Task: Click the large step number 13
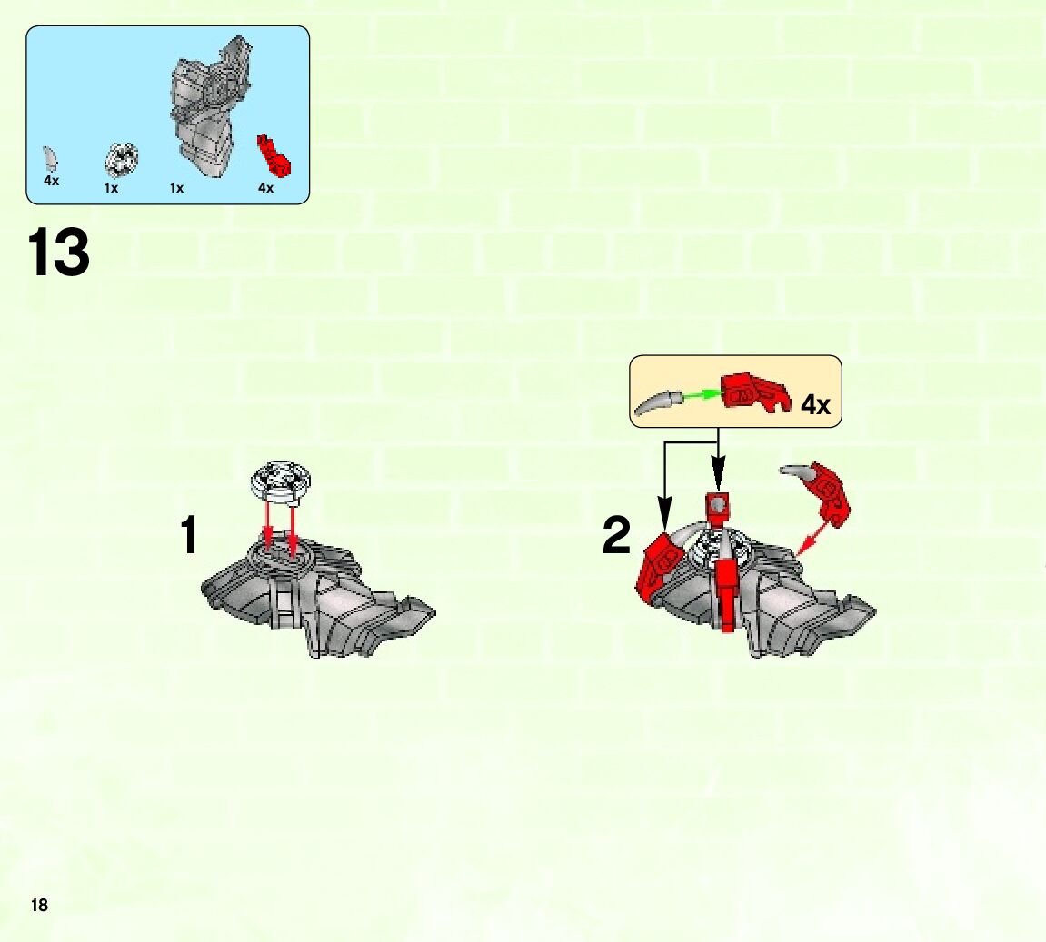(x=59, y=252)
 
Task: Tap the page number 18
(x=39, y=905)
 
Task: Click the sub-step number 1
(x=189, y=534)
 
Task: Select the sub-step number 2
(x=616, y=535)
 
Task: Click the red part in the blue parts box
(x=274, y=156)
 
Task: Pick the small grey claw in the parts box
(x=50, y=159)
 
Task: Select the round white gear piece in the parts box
(x=122, y=161)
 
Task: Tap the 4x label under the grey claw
(x=52, y=181)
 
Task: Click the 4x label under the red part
(x=265, y=188)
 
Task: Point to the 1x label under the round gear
(x=111, y=188)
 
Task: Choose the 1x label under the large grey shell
(x=176, y=188)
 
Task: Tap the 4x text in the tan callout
(x=815, y=404)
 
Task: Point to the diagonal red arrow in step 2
(x=814, y=538)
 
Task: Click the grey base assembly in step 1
(x=317, y=593)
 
